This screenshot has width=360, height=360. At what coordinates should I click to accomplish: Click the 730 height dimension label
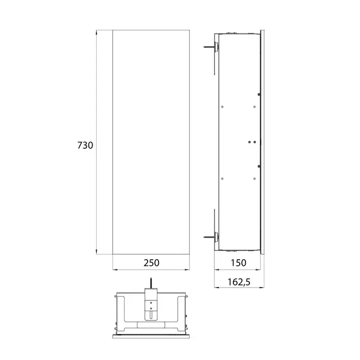[x=85, y=146]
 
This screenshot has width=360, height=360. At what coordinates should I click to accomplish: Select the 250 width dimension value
[x=151, y=263]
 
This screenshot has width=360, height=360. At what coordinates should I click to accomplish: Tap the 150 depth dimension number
[x=238, y=263]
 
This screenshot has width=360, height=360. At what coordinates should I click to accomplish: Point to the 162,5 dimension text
[x=239, y=282]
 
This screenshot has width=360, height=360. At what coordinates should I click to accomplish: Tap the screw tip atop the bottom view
[x=151, y=279]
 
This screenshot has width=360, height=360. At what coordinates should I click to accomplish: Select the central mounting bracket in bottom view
[x=151, y=304]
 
